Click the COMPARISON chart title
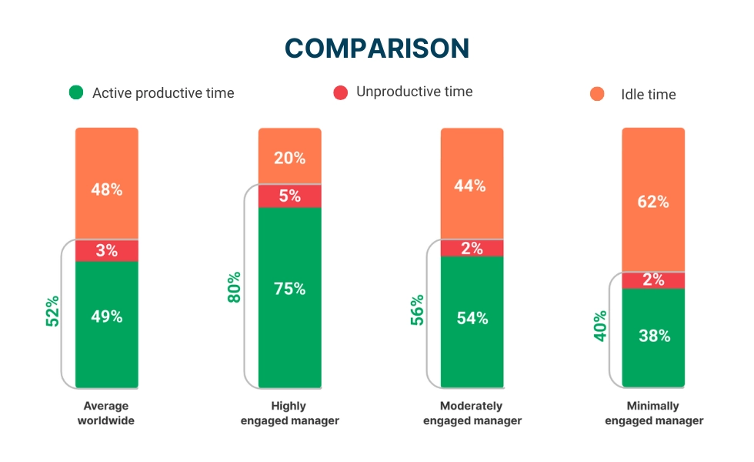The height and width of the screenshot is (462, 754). (x=377, y=49)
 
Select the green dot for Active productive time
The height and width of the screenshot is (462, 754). (x=76, y=92)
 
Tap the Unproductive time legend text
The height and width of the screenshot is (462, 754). (x=414, y=92)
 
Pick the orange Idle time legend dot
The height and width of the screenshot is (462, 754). (x=598, y=94)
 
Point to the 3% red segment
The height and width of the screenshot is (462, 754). (x=106, y=250)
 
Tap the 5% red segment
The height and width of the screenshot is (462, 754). (x=289, y=196)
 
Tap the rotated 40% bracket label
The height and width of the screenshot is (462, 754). (x=600, y=326)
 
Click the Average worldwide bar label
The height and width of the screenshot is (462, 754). (x=106, y=413)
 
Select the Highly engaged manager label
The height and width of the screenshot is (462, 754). (x=289, y=413)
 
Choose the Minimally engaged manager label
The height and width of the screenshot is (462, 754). (x=654, y=413)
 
